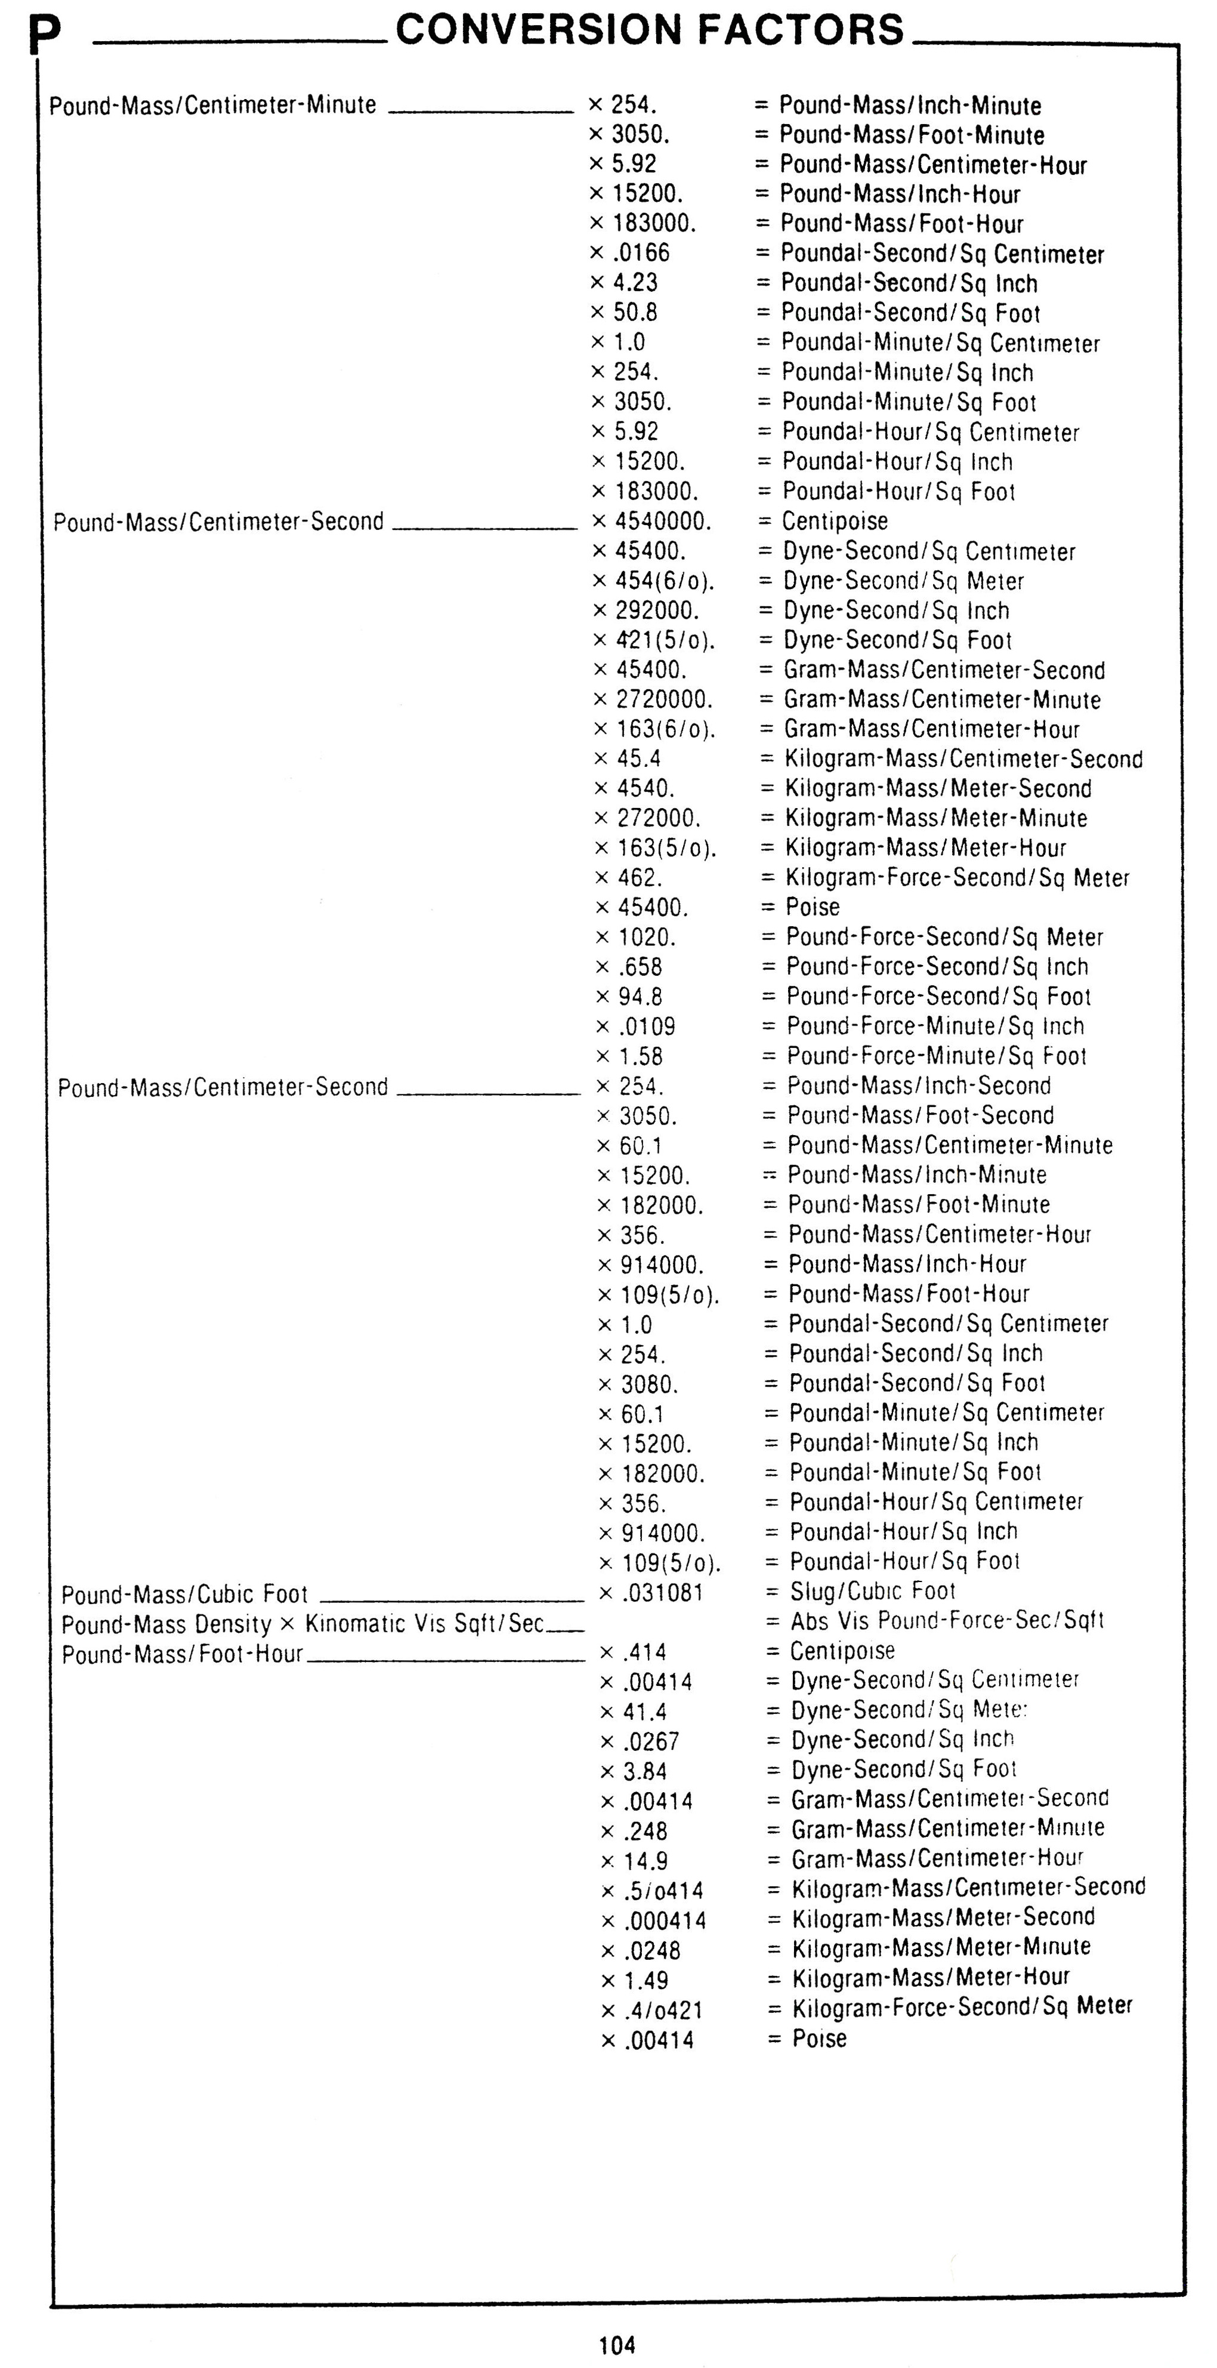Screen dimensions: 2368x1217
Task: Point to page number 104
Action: [617, 2345]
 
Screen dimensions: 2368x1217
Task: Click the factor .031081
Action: [663, 1592]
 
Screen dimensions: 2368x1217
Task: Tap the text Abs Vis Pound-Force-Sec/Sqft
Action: [947, 1621]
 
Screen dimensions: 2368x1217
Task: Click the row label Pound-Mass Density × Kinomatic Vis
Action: [302, 1623]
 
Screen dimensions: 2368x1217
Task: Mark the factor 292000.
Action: [656, 610]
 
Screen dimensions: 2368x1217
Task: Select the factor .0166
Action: [641, 253]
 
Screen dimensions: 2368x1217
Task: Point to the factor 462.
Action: [639, 877]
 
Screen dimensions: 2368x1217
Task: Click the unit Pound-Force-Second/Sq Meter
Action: [944, 937]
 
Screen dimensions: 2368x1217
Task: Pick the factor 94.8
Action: [641, 997]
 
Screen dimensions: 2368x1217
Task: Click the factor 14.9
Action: [645, 1861]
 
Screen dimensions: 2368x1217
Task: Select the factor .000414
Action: [666, 1920]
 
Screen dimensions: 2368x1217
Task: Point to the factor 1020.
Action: [647, 937]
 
